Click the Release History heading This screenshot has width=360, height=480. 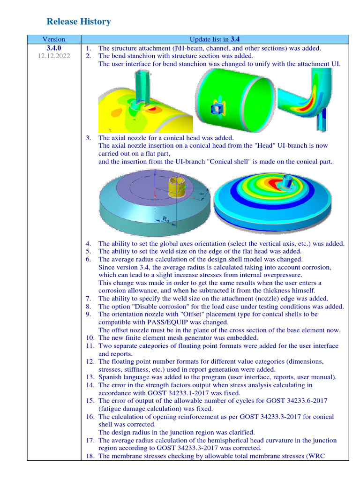79,22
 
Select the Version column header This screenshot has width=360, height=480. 53,39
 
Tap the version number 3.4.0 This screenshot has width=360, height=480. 53,48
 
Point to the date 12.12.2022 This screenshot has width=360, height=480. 53,56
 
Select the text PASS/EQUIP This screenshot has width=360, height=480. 188,322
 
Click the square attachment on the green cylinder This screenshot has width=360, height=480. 216,108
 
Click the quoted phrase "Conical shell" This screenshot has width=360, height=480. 241,162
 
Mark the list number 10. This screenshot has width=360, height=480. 90,338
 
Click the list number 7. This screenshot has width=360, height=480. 88,299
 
